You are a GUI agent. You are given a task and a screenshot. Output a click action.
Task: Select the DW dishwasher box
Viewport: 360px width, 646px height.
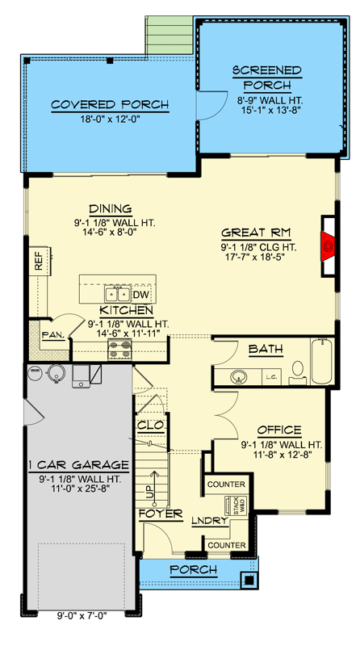coord(140,295)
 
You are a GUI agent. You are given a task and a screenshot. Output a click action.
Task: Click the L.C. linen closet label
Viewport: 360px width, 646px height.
coord(271,376)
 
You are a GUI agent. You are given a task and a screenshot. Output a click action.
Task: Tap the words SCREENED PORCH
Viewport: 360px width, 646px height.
coord(267,78)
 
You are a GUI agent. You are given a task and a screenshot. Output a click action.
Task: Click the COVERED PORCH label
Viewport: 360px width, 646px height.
coord(110,105)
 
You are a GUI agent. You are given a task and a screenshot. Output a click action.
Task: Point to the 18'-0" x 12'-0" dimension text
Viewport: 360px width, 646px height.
coord(110,120)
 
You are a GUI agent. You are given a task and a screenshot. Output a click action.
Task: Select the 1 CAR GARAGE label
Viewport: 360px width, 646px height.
coord(78,465)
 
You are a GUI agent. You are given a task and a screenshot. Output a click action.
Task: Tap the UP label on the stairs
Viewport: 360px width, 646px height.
coord(148,491)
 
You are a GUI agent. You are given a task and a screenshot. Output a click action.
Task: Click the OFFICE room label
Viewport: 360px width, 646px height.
coord(279,430)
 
